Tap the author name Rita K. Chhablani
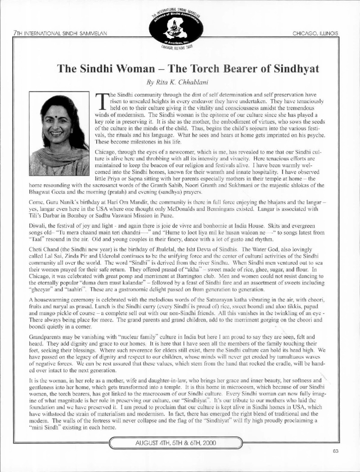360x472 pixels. [180, 82]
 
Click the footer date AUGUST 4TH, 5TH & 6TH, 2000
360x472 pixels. [179, 442]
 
